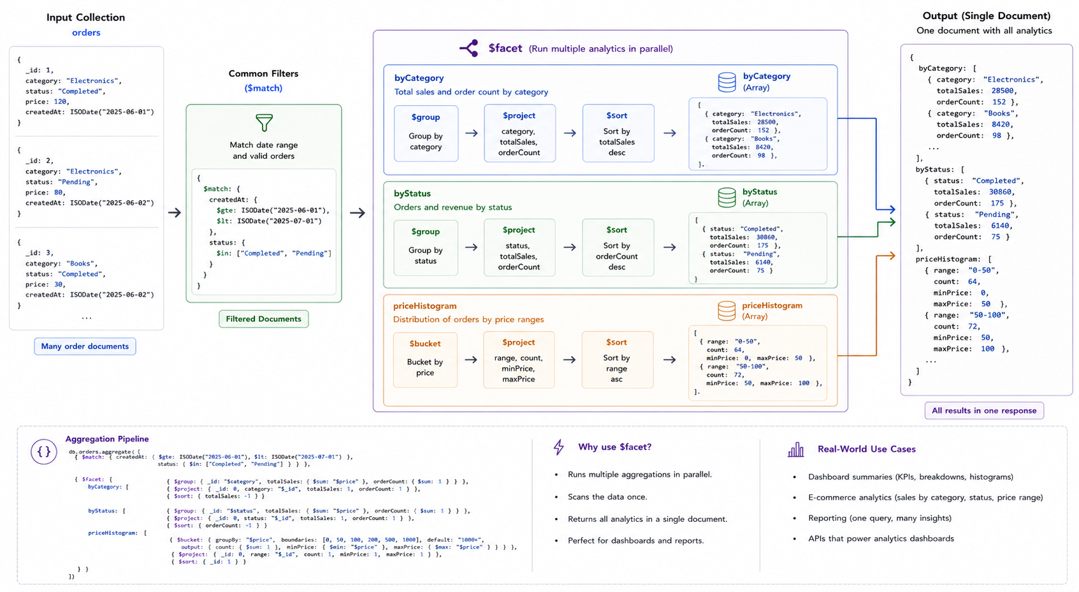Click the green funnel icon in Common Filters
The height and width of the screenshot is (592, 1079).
point(264,122)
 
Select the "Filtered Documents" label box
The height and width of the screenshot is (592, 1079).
point(263,319)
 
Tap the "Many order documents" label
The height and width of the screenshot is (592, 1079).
point(85,346)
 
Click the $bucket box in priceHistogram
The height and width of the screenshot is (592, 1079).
point(425,359)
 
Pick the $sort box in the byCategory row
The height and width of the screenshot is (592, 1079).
point(618,133)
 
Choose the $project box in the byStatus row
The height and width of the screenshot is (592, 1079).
point(519,248)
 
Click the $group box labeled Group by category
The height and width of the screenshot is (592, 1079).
point(426,133)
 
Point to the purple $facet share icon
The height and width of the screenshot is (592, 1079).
point(468,48)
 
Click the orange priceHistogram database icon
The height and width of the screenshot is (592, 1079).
point(727,311)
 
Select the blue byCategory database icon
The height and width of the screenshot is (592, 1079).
point(727,82)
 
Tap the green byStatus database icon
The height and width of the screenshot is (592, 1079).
point(727,198)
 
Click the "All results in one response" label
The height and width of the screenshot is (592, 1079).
point(984,411)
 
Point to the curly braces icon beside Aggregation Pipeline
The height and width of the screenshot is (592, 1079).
point(44,451)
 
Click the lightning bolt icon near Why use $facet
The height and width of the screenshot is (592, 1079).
point(559,447)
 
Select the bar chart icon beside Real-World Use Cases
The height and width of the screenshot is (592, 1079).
point(796,449)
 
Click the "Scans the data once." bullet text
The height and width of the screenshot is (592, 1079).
point(607,496)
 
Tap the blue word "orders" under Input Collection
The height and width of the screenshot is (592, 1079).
point(86,32)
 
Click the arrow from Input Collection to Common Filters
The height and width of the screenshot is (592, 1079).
point(175,212)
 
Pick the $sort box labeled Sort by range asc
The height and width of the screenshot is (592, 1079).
point(618,359)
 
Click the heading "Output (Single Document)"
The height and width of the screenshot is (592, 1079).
point(987,16)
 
